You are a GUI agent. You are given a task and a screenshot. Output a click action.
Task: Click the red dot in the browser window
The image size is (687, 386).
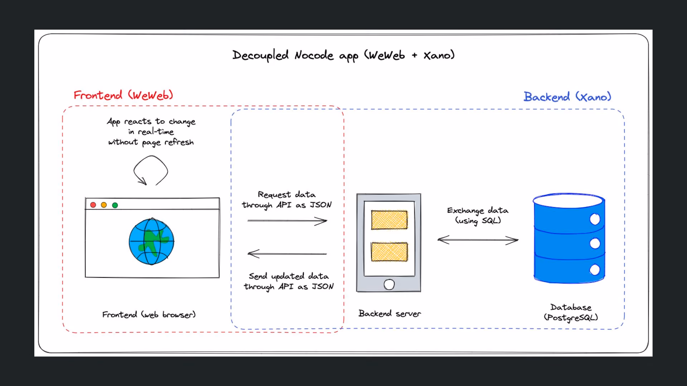point(93,205)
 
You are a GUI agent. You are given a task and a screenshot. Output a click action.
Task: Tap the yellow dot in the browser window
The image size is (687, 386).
point(104,205)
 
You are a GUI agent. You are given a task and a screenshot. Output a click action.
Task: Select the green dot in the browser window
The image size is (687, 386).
point(115,205)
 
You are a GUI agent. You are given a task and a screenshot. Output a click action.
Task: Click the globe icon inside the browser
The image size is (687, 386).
point(151,242)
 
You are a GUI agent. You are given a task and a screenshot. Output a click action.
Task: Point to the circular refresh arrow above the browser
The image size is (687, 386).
point(167,171)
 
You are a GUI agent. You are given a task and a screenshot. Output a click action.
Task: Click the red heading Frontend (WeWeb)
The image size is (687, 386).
point(123,95)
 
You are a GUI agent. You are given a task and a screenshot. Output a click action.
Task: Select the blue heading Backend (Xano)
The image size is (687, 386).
point(567,96)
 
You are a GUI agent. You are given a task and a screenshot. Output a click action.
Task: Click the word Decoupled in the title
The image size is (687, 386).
point(260,55)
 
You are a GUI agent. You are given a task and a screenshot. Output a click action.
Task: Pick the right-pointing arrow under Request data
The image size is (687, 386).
point(287,221)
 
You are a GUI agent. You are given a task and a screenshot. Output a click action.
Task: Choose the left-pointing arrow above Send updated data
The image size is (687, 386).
point(287,254)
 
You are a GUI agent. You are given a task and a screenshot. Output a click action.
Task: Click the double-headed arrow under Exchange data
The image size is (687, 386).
point(478,240)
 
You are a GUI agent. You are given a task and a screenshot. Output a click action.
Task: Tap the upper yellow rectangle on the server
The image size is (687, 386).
point(389,220)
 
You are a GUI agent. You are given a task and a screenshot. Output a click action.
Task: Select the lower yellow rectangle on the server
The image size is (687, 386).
point(389,252)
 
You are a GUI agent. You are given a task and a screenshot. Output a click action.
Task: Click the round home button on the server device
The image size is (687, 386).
point(389,284)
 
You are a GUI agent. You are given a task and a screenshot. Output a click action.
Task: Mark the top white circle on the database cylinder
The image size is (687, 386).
point(595,219)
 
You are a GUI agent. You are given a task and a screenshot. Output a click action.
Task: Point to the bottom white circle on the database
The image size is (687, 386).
point(595,270)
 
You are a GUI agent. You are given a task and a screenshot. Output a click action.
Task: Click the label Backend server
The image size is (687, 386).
point(390,313)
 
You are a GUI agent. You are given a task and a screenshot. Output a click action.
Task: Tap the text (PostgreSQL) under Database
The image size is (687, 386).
point(571,317)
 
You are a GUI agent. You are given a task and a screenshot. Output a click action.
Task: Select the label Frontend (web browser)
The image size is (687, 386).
point(149,315)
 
